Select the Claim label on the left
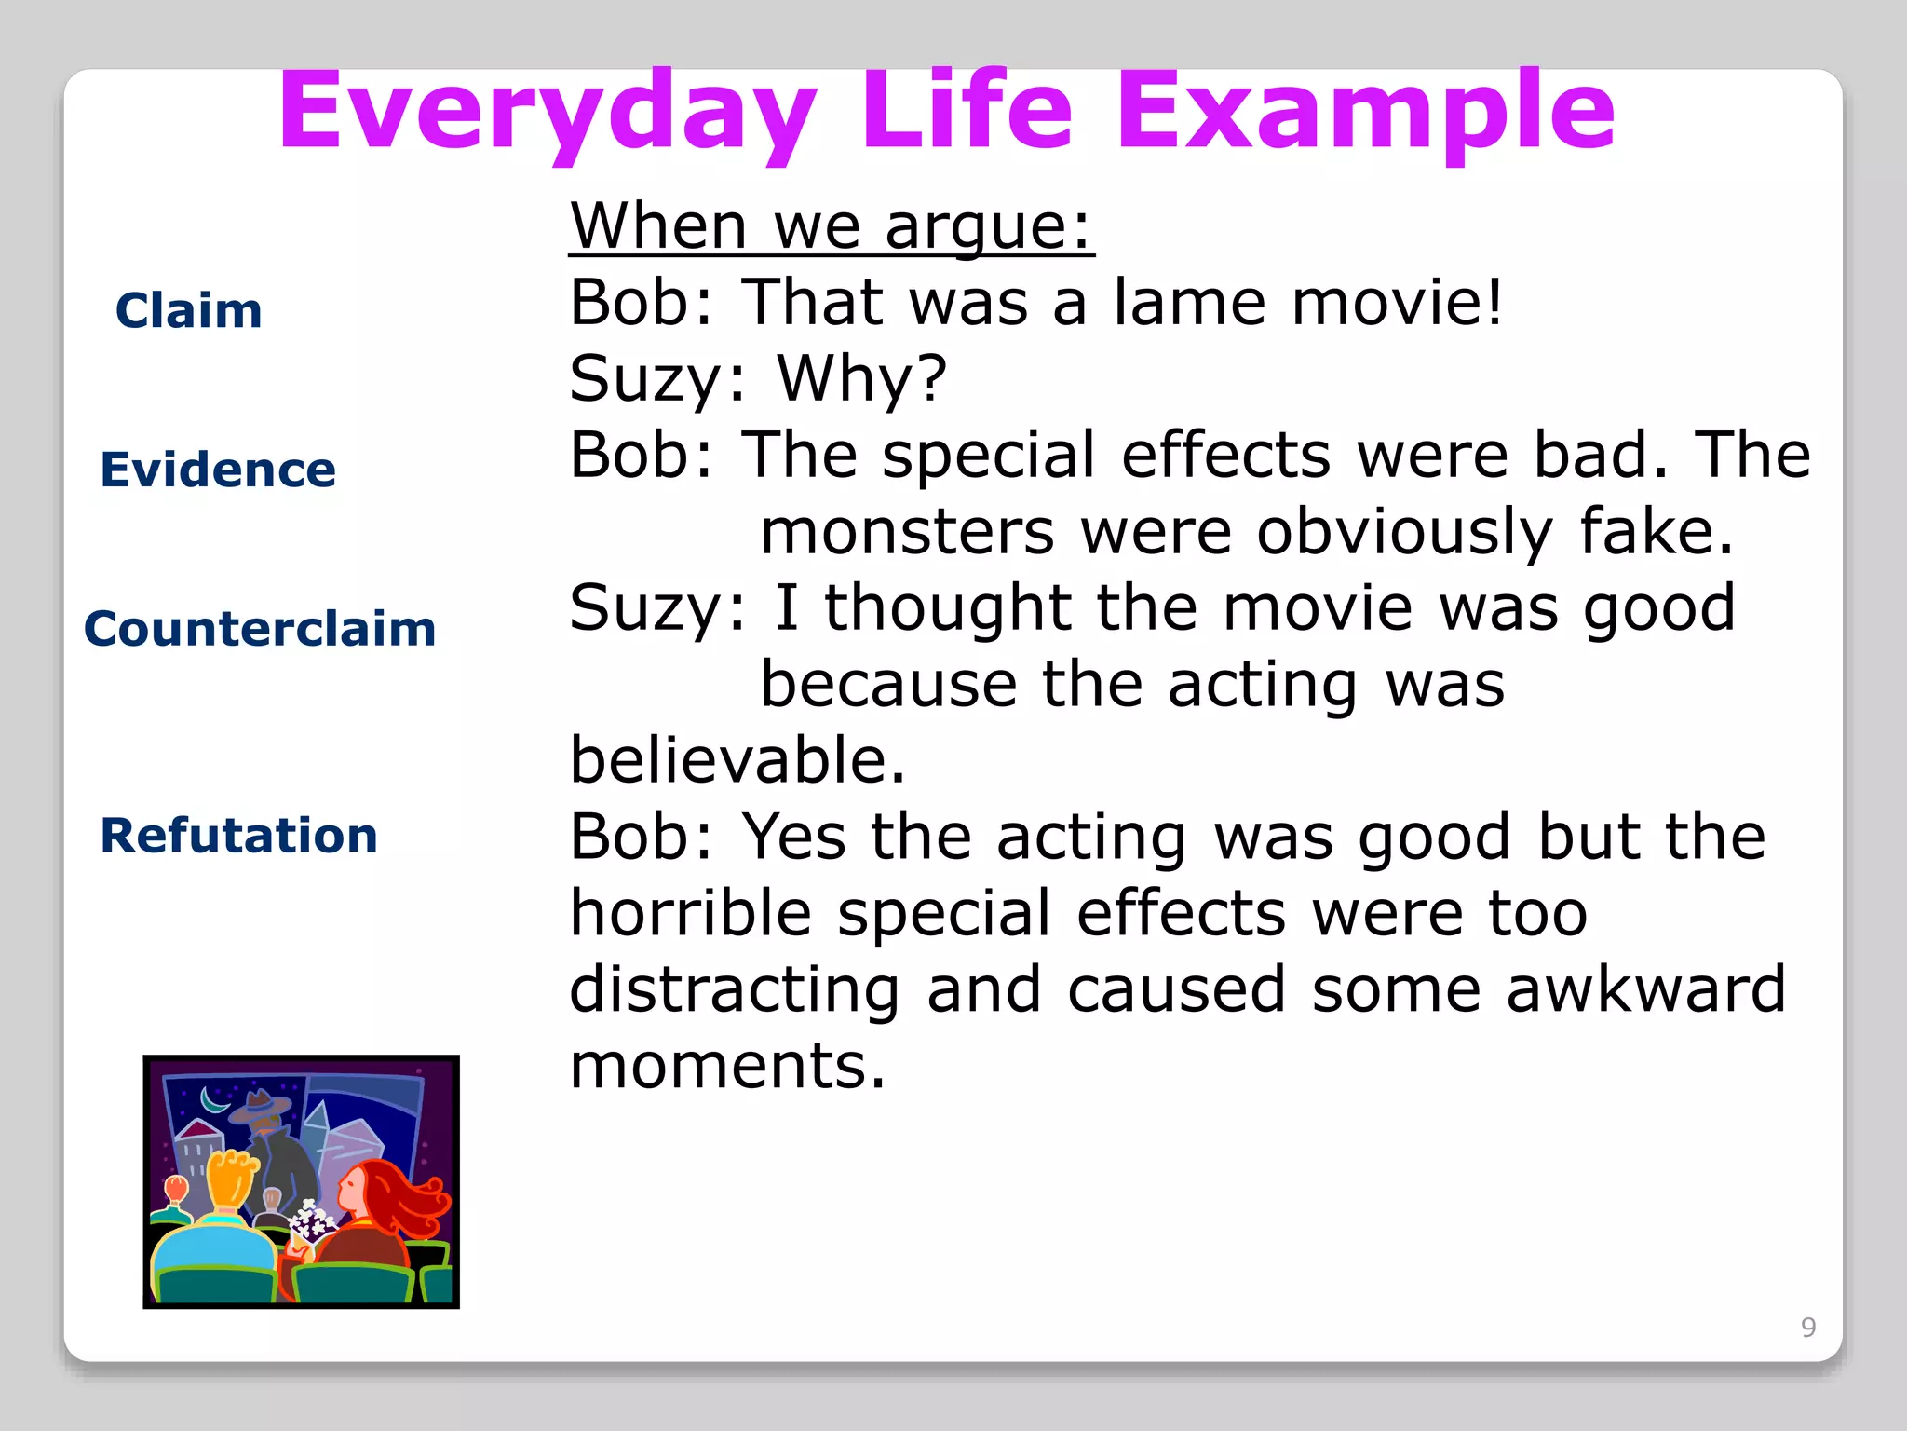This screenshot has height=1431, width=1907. point(189,310)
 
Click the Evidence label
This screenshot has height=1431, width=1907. point(218,469)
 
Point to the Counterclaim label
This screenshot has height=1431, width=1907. point(260,628)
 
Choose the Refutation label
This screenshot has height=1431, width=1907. point(239,835)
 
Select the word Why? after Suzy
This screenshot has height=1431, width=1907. point(861,379)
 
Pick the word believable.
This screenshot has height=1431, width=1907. point(737,760)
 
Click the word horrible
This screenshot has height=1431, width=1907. point(690,913)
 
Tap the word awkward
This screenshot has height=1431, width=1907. point(1645,989)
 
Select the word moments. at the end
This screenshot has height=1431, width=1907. point(727,1066)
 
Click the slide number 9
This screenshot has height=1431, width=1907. point(1807,1327)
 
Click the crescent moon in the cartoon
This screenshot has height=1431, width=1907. point(216,1102)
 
